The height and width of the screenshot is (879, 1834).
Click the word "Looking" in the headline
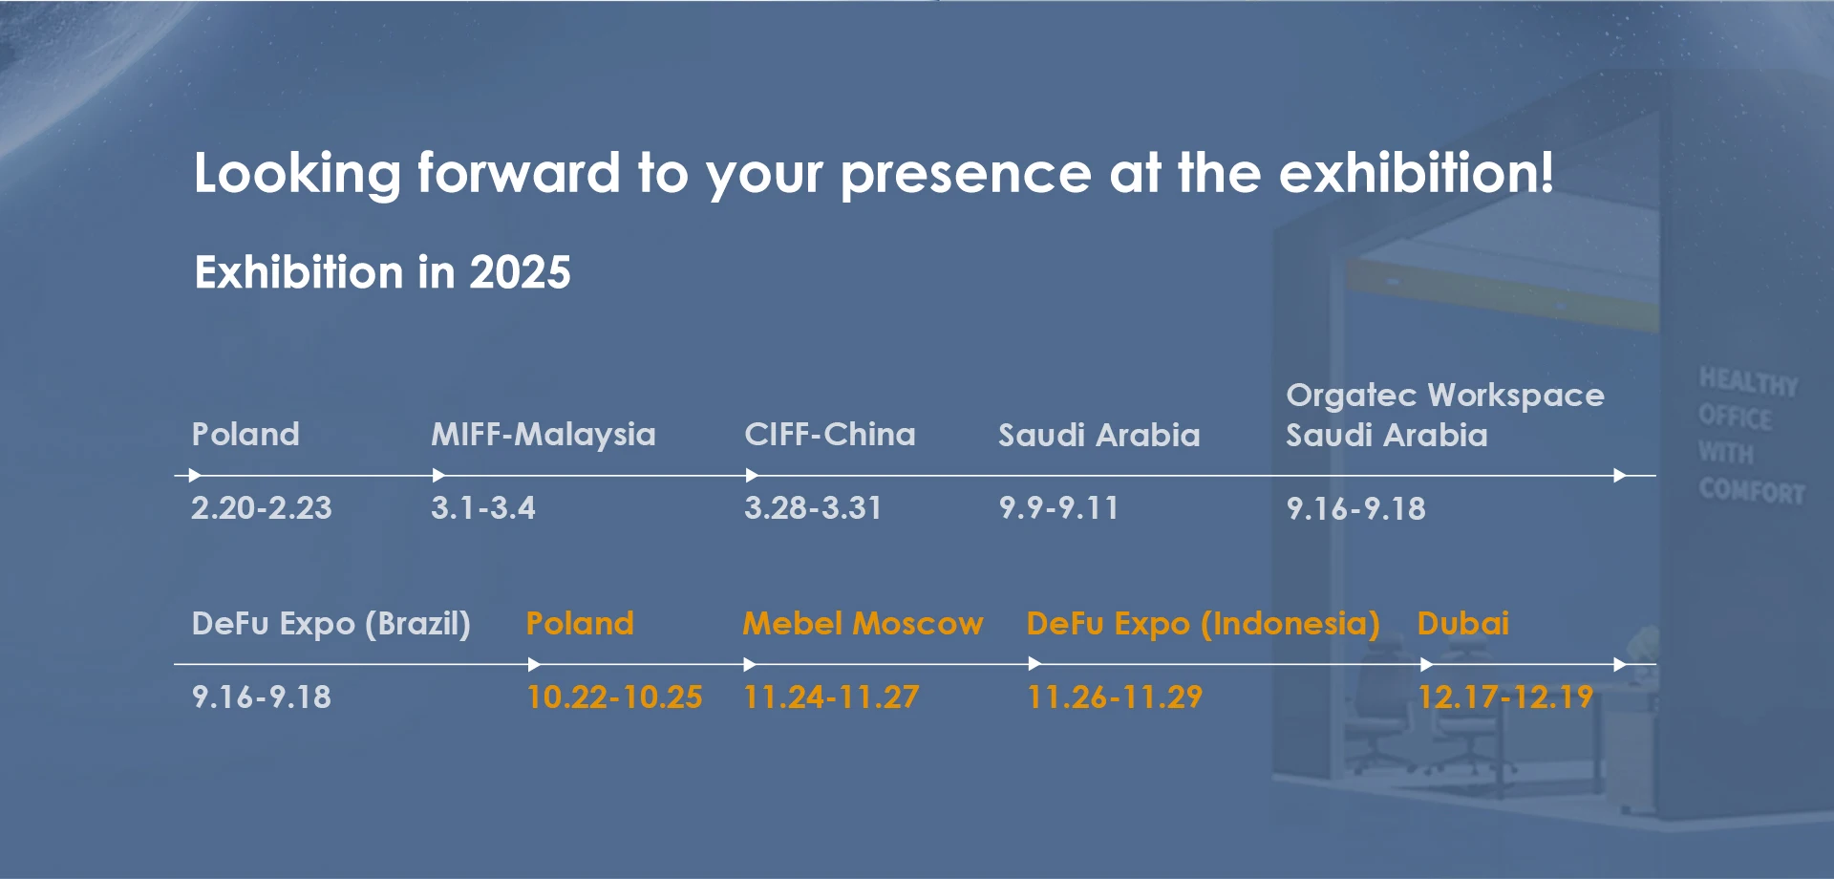coord(297,175)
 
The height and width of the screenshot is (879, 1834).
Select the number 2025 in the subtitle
coord(520,272)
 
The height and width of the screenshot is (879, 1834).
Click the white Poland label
coord(245,434)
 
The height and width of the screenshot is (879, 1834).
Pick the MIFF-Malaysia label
coord(544,435)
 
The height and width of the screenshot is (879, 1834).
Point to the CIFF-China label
coord(830,434)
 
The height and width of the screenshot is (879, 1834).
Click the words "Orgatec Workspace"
coord(1445,396)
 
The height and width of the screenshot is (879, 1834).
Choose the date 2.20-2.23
coord(262,507)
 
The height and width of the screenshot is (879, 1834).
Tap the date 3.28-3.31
coord(813,507)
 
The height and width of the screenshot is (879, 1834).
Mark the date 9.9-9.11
coord(1058,507)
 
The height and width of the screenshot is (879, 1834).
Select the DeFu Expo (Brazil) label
coord(331,624)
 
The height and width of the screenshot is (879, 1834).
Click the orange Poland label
coord(580,623)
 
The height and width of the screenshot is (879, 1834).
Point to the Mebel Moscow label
coord(864,623)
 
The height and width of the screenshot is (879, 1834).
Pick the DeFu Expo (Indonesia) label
coord(1204,624)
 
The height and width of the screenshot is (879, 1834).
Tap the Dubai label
coord(1463,623)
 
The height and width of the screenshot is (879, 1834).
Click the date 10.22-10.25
coord(614,697)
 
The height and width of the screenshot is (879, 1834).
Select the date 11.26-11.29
coord(1115,697)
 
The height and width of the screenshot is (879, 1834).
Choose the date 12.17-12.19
coord(1505,697)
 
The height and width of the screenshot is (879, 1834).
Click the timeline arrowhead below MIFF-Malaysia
coord(438,475)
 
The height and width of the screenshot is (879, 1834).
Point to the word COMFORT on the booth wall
coord(1752,491)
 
